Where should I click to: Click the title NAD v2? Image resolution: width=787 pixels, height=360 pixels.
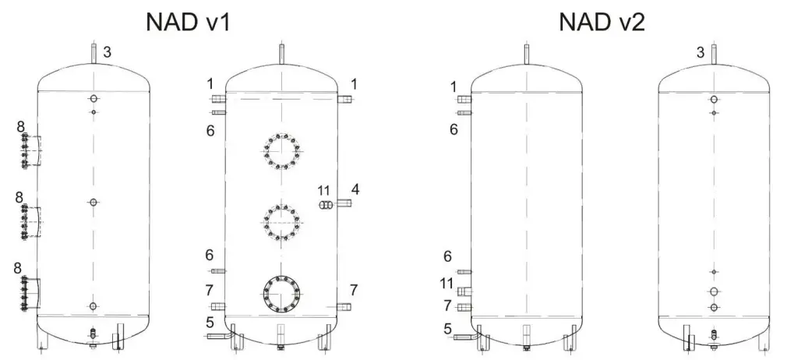[x=602, y=22]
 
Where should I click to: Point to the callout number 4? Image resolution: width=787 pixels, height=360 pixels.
[x=355, y=189]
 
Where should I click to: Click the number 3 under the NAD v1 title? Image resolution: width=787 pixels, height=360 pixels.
[x=108, y=52]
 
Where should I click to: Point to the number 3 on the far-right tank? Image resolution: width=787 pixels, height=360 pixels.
[x=701, y=52]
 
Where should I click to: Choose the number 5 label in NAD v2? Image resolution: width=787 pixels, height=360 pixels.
[x=448, y=328]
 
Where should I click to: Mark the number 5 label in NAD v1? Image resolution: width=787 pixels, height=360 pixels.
[x=210, y=323]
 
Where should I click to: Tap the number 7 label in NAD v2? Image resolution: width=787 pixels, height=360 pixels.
[x=448, y=305]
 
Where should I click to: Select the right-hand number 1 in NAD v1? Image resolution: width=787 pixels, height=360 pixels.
[x=355, y=83]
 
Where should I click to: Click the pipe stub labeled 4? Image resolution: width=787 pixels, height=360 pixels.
[x=344, y=203]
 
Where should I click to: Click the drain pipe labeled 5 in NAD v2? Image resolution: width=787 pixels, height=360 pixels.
[x=464, y=337]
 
